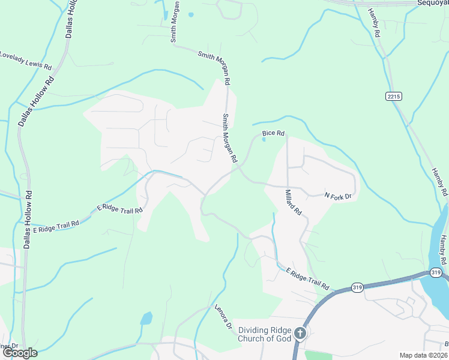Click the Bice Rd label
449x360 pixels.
[273, 133]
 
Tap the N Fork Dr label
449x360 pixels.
[337, 196]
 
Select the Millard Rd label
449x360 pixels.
[293, 204]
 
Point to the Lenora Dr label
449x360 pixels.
[223, 317]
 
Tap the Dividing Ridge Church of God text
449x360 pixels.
[265, 334]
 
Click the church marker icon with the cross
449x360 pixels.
[300, 334]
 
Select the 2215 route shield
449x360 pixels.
[393, 96]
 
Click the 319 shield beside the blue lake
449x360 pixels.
[436, 274]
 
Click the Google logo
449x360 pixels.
[20, 353]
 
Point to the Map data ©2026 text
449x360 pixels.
[423, 355]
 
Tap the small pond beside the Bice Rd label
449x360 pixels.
[264, 140]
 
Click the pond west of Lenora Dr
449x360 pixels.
[146, 318]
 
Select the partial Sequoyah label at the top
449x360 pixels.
[433, 2]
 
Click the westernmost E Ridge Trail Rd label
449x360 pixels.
[56, 227]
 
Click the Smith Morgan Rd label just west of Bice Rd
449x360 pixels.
[231, 139]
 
